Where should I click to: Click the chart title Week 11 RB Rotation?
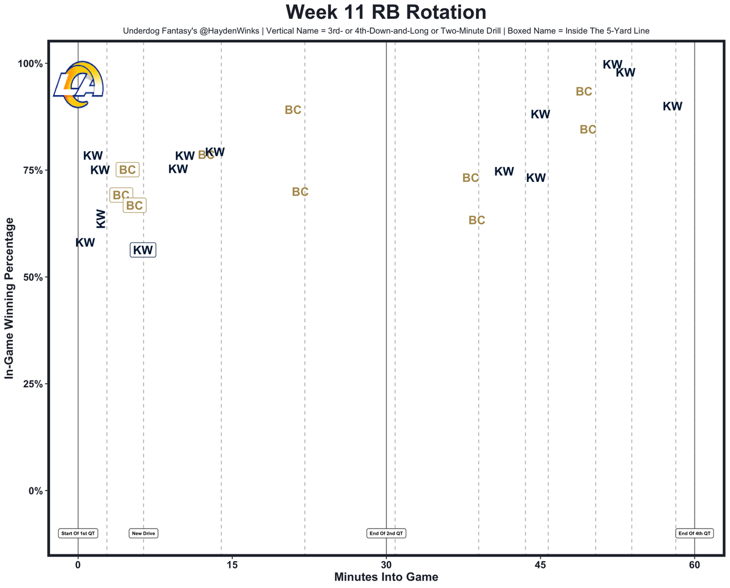[386, 13]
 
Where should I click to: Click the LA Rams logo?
[79, 84]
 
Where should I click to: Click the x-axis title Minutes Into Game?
[386, 577]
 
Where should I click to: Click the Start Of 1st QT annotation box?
[78, 534]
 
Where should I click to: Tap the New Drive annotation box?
[143, 534]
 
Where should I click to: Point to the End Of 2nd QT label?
[386, 534]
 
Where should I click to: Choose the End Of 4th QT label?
[694, 534]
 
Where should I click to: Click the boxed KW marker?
[143, 250]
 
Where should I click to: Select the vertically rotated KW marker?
[101, 218]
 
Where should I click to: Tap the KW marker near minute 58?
[672, 106]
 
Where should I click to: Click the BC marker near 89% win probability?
[293, 110]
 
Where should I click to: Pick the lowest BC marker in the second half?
[477, 220]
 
